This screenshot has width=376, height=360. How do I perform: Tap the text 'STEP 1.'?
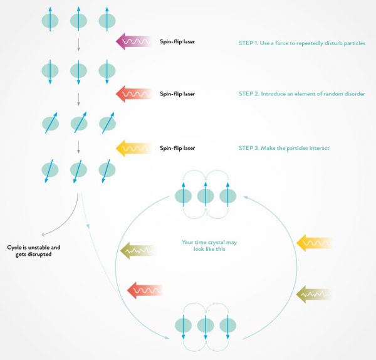click(x=249, y=43)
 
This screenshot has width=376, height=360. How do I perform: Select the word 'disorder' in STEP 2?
click(x=352, y=93)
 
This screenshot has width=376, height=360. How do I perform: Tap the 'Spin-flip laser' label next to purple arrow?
click(x=177, y=43)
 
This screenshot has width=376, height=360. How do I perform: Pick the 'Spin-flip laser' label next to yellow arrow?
click(x=177, y=148)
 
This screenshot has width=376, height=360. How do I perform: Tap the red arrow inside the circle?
click(x=144, y=289)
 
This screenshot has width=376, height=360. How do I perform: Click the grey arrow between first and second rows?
click(x=78, y=45)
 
